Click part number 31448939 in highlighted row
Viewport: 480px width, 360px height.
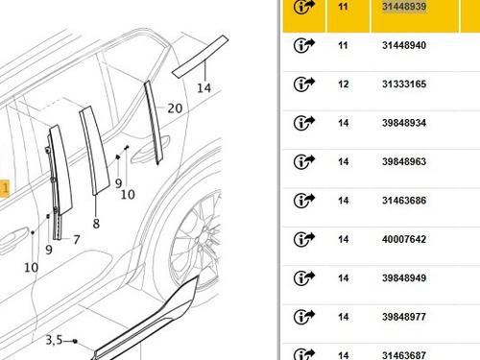404,7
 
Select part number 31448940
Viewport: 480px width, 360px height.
404,45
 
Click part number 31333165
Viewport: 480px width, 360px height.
404,84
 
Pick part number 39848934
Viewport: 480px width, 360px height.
404,123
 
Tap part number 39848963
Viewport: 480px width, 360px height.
404,161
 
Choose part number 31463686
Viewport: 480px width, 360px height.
404,201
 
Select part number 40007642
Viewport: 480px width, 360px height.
404,239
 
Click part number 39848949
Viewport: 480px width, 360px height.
404,278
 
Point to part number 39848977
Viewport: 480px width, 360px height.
404,317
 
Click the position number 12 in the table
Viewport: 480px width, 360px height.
343,84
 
